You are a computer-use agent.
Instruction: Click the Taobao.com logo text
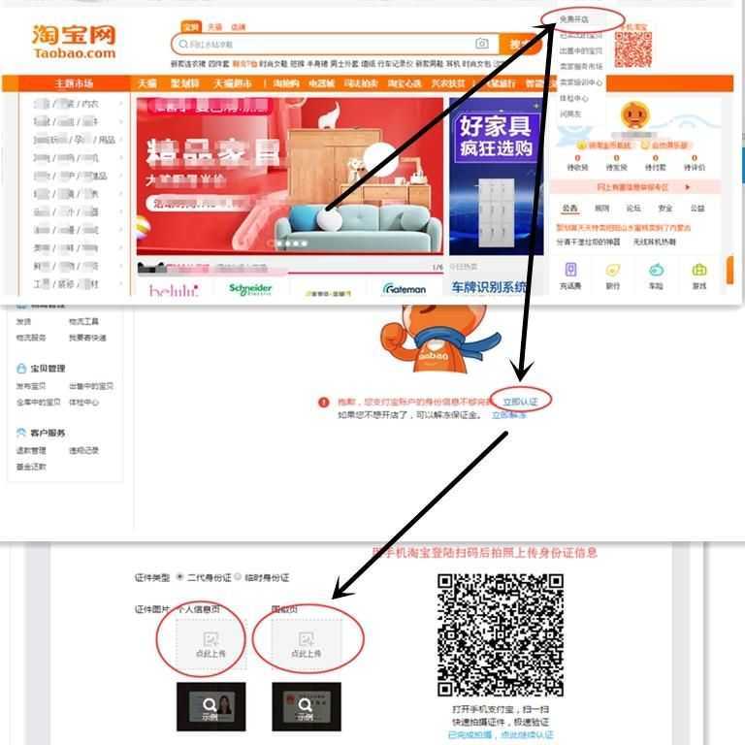73,54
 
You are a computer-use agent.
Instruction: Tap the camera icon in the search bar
482,44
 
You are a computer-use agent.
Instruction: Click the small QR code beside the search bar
632,49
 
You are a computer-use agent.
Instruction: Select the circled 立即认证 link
520,400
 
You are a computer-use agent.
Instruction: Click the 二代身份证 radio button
180,576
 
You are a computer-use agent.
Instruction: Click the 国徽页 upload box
307,645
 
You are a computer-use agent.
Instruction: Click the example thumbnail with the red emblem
300,707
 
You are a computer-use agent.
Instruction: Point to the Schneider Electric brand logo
250,288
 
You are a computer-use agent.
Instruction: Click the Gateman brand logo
405,288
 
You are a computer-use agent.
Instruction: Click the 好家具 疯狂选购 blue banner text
496,138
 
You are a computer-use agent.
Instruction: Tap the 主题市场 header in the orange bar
74,83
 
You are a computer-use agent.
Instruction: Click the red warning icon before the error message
323,402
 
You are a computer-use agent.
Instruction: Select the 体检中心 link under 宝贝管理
83,402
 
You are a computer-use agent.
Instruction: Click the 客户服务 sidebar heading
48,433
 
